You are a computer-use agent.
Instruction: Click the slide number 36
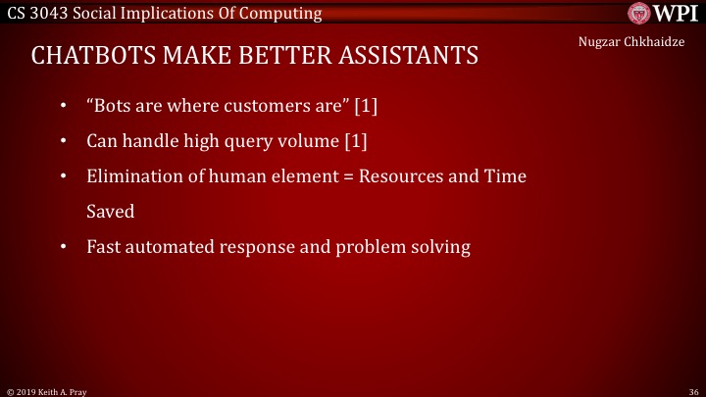tap(689, 389)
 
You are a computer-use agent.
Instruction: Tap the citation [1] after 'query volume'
tap(355, 141)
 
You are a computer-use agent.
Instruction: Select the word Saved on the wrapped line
tap(110, 212)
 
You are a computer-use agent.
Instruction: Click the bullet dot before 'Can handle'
tap(64, 141)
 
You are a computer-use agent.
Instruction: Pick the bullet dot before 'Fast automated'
tap(64, 247)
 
